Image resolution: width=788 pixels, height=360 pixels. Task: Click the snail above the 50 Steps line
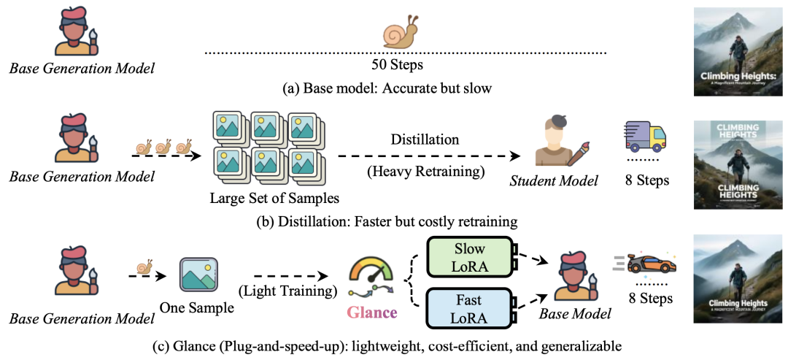[x=401, y=32]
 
